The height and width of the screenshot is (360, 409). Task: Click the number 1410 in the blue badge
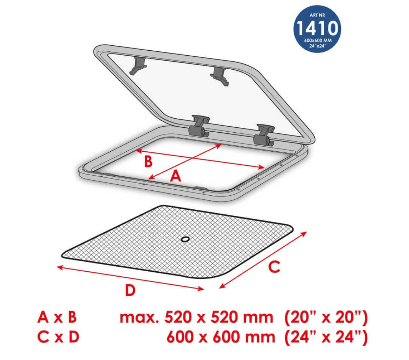(x=317, y=28)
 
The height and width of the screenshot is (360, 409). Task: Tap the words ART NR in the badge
(x=317, y=15)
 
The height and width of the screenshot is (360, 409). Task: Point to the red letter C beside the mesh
(x=275, y=267)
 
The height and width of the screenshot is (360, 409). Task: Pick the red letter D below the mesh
(x=130, y=290)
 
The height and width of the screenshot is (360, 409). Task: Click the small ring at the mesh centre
(x=185, y=239)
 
